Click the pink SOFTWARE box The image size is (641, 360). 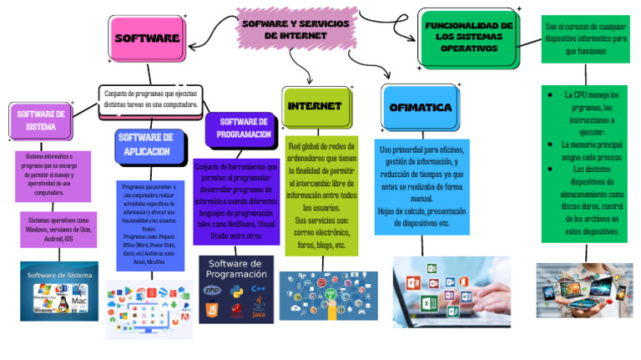point(147,38)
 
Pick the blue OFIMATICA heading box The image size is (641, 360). point(420,108)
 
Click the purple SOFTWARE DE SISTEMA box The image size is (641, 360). point(41,121)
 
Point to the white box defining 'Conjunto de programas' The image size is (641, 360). point(151,99)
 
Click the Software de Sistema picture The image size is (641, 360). point(58,292)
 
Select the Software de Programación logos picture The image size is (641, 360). point(236,289)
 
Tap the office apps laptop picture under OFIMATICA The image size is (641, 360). point(445,291)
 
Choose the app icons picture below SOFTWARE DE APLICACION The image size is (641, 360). point(149,309)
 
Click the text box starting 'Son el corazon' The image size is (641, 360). point(585,38)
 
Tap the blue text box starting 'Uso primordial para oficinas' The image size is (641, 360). point(421,185)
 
